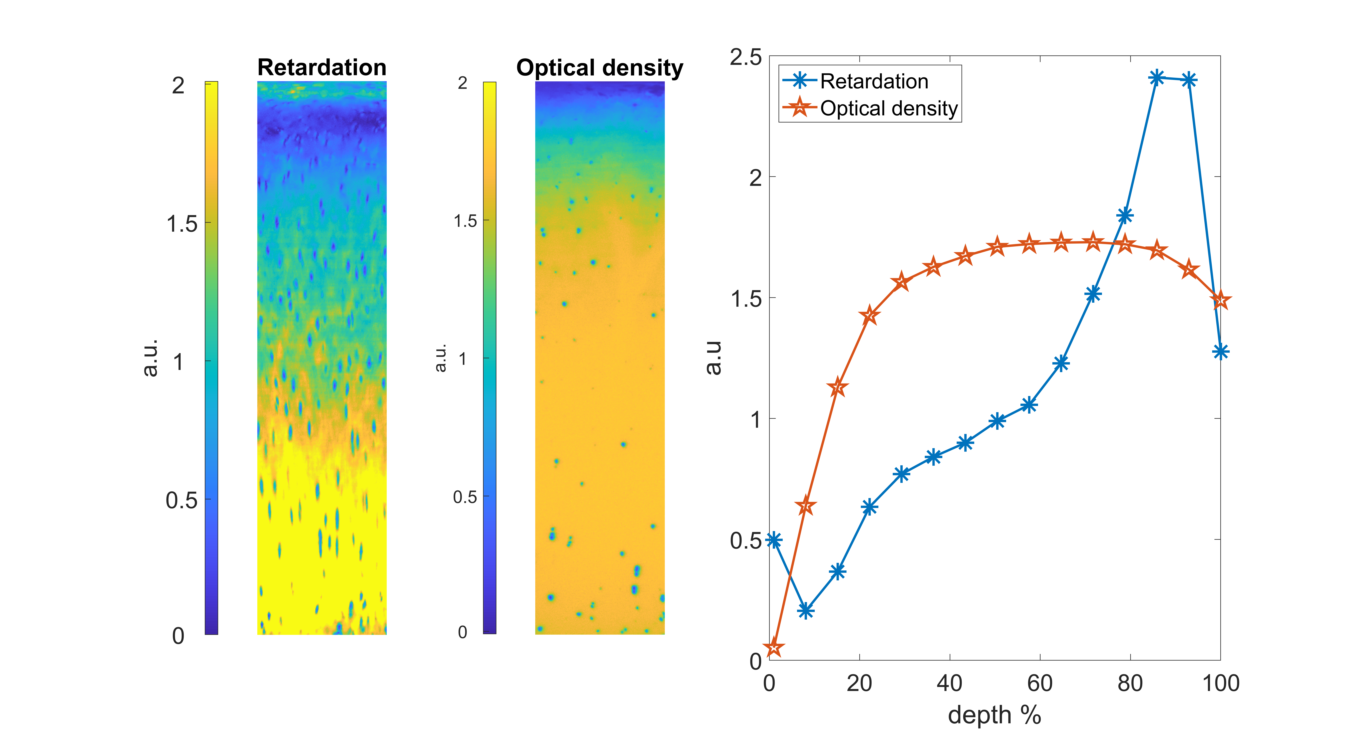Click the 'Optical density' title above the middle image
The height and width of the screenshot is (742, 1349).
tap(600, 68)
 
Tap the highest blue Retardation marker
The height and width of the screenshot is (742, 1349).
tap(1157, 78)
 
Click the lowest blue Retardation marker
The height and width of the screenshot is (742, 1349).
tap(806, 611)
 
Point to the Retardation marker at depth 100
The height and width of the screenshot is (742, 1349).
tap(1220, 351)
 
